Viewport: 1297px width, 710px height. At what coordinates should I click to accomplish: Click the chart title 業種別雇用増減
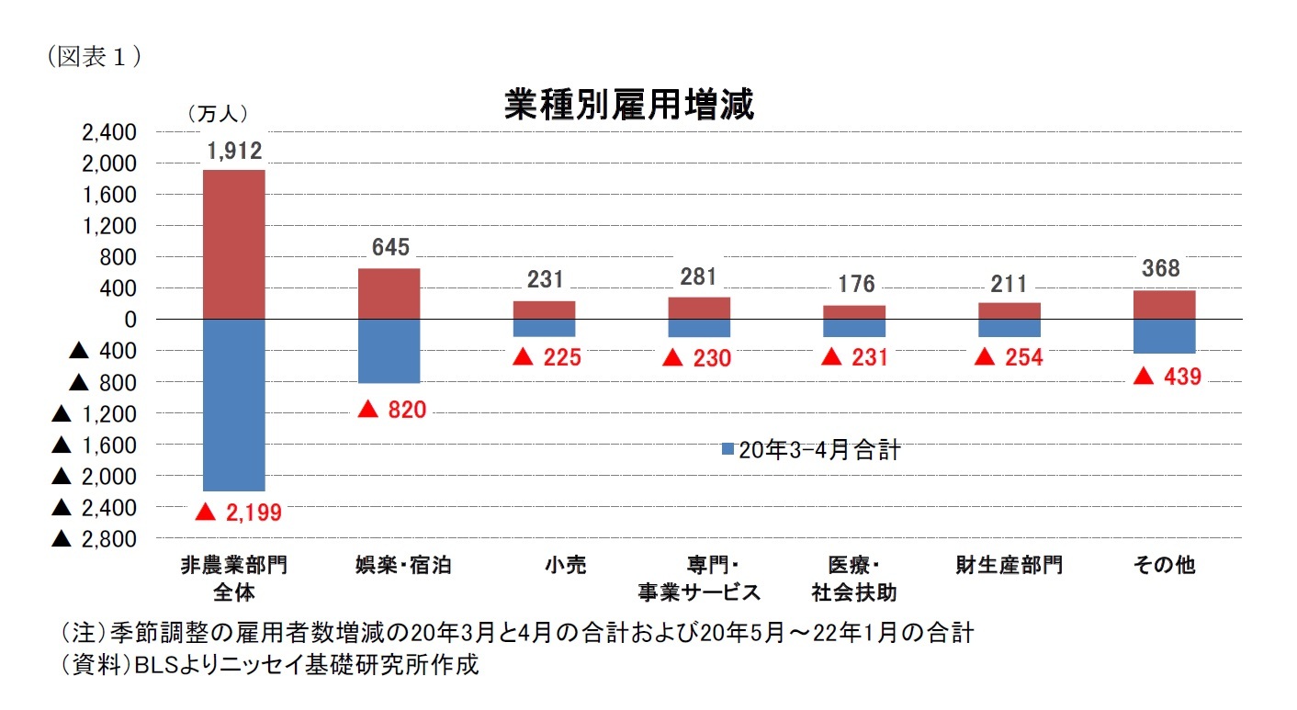pos(629,106)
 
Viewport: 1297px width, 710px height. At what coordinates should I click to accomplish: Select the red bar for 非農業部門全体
pos(234,244)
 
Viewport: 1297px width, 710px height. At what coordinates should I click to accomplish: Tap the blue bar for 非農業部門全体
pos(234,405)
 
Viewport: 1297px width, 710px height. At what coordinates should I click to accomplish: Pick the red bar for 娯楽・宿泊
pos(389,294)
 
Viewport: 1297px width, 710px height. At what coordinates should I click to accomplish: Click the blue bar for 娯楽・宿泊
pos(389,351)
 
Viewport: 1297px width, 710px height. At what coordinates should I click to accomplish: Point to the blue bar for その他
pos(1164,336)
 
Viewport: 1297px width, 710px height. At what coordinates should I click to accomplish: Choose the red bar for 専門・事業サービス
pos(699,308)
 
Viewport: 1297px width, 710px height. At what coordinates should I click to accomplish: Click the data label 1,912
pos(234,152)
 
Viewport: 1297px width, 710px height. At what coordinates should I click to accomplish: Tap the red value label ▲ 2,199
pos(238,513)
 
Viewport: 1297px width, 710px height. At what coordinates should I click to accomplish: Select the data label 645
pos(390,248)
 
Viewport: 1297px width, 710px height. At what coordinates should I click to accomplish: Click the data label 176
pos(856,284)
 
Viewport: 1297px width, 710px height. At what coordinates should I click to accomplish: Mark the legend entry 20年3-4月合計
pos(811,450)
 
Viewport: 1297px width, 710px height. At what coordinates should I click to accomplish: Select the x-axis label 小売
pos(544,565)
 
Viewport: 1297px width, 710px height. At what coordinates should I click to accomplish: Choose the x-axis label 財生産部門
pos(1009,565)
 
